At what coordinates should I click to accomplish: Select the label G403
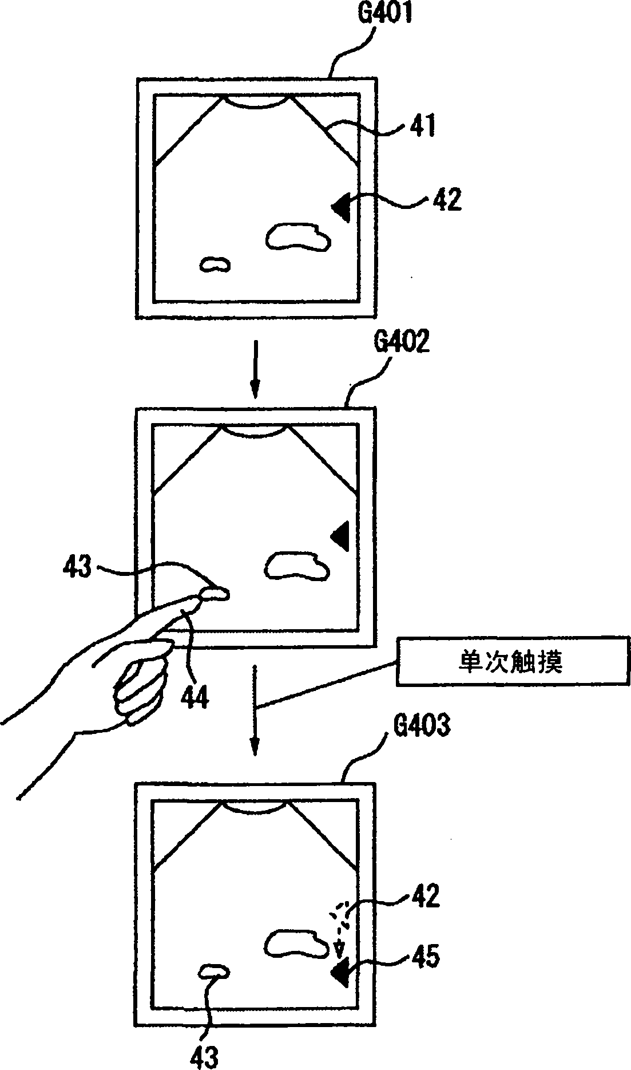422,725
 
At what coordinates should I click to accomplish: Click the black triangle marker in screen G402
341,536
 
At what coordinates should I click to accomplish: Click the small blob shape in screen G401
215,264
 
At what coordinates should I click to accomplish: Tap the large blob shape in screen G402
296,566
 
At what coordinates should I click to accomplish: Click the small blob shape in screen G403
215,970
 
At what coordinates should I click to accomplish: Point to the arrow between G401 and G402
255,368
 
